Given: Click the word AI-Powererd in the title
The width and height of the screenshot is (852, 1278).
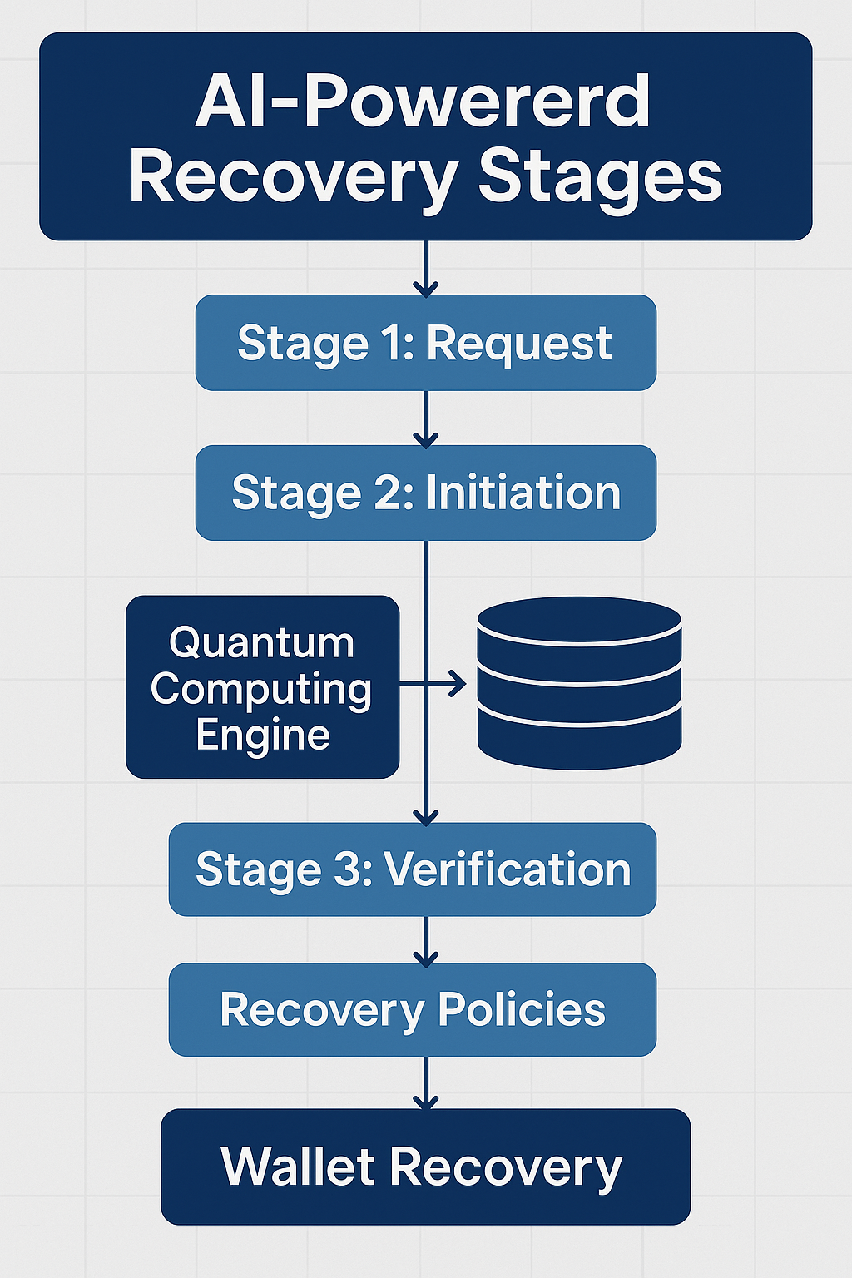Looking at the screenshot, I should click(423, 102).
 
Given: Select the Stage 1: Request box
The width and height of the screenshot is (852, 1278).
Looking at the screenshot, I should click(425, 343).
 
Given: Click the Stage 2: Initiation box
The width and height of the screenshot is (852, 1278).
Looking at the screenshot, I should click(425, 493).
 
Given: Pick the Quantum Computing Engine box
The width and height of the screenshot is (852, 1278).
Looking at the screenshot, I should click(262, 687).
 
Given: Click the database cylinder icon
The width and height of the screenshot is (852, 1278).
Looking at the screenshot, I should click(579, 682).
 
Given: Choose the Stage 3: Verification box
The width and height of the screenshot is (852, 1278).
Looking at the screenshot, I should click(413, 869).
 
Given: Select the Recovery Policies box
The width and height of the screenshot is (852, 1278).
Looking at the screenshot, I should click(413, 1009).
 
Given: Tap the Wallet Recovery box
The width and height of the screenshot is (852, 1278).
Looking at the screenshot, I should click(425, 1167).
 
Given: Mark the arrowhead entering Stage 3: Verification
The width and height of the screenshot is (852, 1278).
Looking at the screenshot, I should click(425, 816).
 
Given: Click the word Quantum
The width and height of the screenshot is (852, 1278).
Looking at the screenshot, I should click(262, 643).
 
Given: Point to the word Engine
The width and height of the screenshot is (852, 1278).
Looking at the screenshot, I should click(263, 736).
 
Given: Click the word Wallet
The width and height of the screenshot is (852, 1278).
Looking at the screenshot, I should click(297, 1167).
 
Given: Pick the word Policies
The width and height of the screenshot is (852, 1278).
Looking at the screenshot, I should click(522, 1009).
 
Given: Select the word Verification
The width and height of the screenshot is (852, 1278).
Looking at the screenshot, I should click(508, 869).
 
